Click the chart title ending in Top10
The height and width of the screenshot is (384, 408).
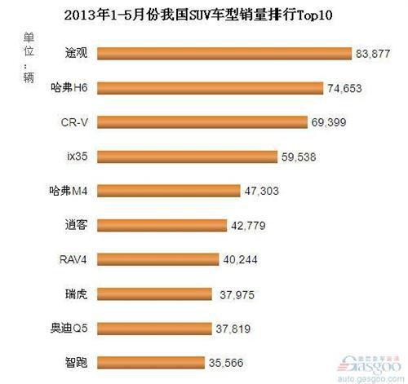coord(204,15)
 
